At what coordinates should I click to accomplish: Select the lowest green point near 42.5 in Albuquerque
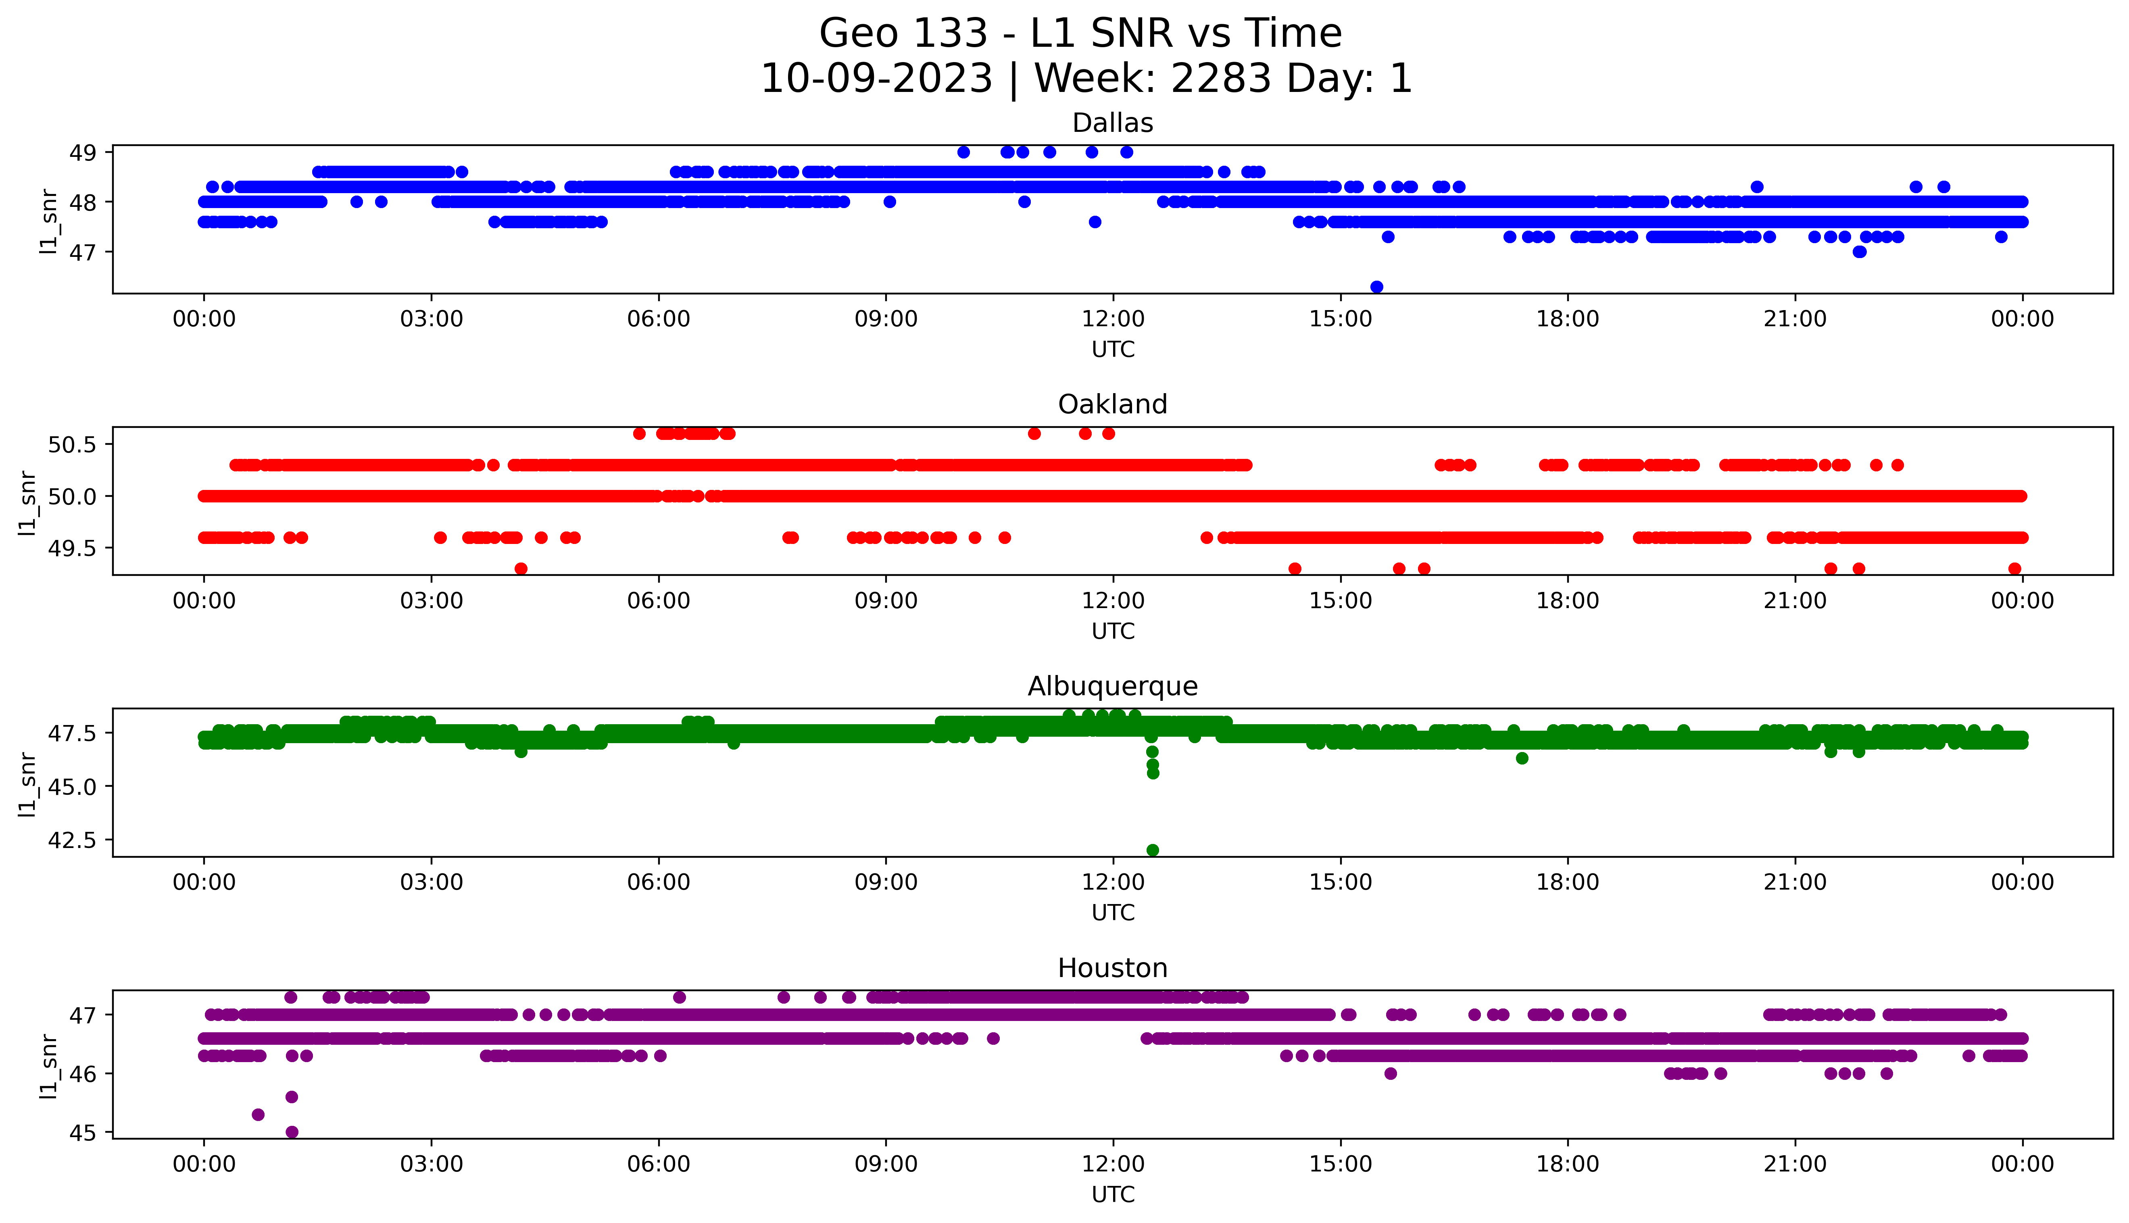pyautogui.click(x=1152, y=850)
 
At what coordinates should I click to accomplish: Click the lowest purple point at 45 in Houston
pyautogui.click(x=292, y=1131)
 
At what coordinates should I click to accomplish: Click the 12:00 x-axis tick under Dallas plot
pyautogui.click(x=1113, y=319)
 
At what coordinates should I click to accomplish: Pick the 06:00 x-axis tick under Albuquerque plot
pyautogui.click(x=659, y=882)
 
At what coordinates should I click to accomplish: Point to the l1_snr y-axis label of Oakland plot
pyautogui.click(x=28, y=502)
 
